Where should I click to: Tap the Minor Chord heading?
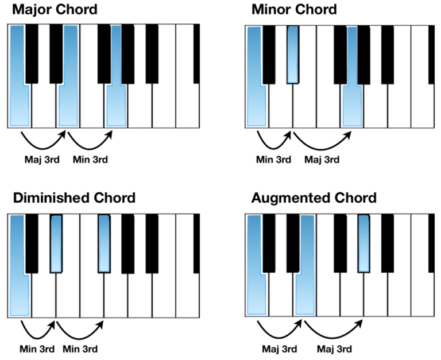click(x=294, y=10)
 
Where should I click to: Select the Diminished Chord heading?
click(x=74, y=198)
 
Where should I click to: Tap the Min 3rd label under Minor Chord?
click(x=273, y=160)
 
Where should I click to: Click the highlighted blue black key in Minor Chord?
click(x=293, y=55)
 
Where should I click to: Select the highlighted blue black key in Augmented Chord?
click(x=363, y=243)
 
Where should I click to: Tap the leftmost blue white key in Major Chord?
click(x=19, y=103)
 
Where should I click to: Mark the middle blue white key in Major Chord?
click(x=68, y=103)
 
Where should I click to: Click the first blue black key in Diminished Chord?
click(x=56, y=243)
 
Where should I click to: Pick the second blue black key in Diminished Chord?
click(x=103, y=243)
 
